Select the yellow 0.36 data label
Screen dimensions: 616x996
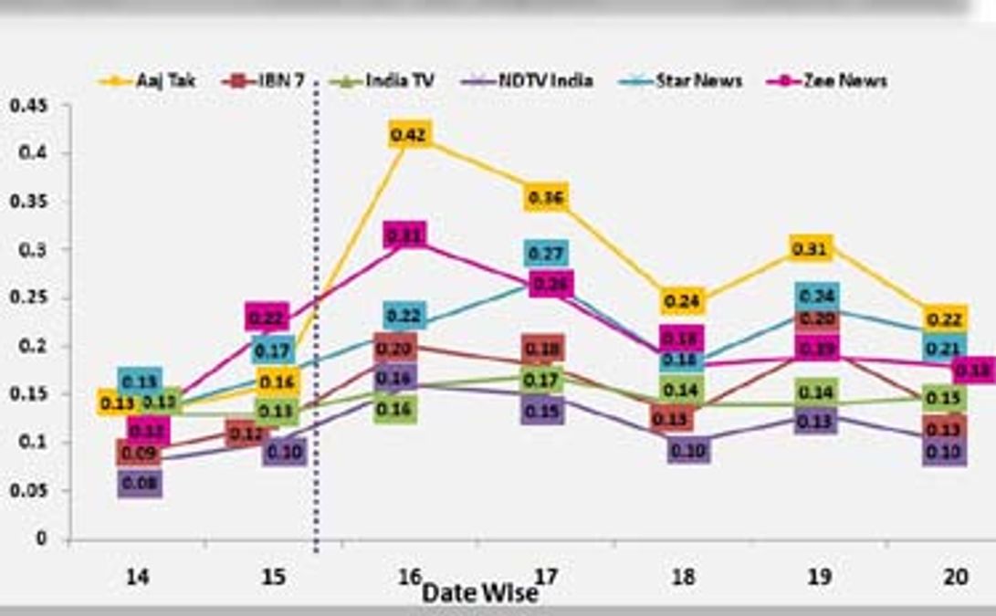pos(546,197)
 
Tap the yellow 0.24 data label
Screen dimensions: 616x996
pos(682,300)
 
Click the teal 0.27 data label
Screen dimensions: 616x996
pos(546,253)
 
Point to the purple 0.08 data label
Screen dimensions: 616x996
pos(140,484)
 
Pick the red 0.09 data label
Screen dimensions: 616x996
pos(140,453)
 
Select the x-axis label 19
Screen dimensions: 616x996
pos(819,577)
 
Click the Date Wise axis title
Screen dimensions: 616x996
pos(480,592)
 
